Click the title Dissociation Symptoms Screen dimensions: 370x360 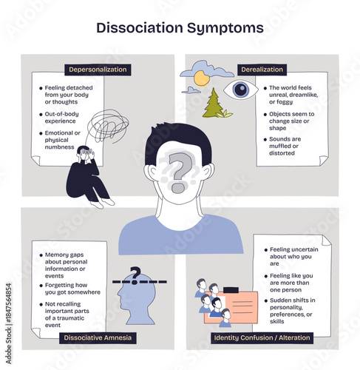coord(180,28)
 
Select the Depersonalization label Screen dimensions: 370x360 coord(98,70)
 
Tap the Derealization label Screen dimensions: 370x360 coord(262,70)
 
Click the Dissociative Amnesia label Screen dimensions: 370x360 coord(98,337)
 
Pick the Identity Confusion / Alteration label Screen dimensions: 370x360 coord(262,337)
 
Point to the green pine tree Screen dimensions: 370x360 coord(213,104)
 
